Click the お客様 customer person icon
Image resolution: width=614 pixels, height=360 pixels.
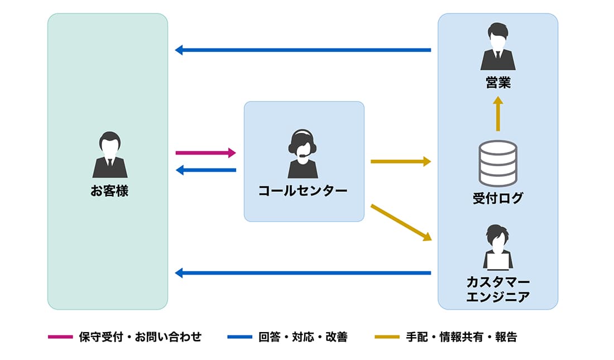(109, 155)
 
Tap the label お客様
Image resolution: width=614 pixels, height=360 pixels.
(109, 191)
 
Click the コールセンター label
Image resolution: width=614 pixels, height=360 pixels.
(303, 191)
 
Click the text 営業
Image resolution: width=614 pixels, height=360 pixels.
(498, 84)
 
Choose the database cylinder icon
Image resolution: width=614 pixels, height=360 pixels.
(498, 163)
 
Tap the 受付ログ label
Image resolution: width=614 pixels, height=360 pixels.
(498, 198)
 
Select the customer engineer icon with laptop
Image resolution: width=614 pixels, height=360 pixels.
(498, 247)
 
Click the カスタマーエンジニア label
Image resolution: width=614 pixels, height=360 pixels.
(498, 289)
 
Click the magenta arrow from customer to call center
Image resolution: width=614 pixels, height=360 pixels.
(205, 152)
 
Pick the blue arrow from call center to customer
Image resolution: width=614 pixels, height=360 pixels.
(205, 170)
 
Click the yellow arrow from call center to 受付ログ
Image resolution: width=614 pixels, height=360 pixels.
(401, 162)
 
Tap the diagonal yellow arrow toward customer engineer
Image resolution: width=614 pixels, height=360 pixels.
(401, 222)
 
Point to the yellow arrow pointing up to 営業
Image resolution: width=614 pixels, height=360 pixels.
(498, 114)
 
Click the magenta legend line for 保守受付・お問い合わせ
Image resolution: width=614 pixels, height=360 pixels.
(60, 337)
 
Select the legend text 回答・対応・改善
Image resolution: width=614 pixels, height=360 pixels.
(303, 337)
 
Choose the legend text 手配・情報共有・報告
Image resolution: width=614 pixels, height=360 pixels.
(461, 337)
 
